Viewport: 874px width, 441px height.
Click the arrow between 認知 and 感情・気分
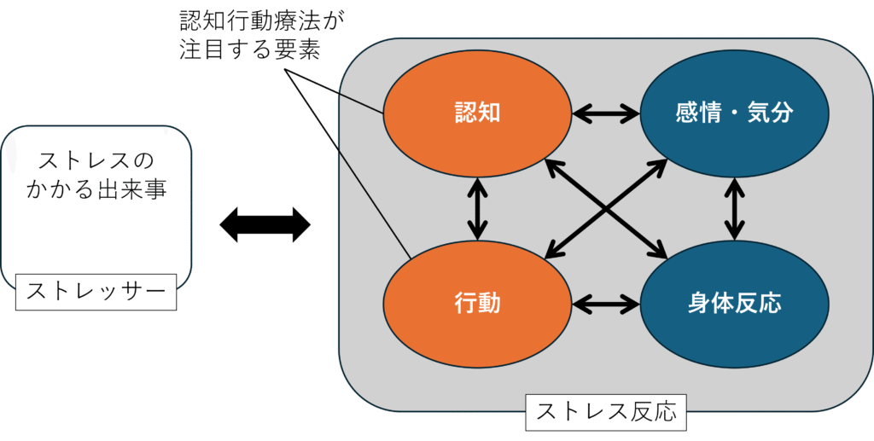pos(606,113)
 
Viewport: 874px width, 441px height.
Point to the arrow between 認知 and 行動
pos(477,207)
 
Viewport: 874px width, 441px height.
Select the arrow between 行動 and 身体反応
pos(606,303)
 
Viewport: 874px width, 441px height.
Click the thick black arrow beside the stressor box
pos(265,225)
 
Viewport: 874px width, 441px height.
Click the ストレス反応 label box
pos(606,413)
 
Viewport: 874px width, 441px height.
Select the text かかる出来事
pos(99,189)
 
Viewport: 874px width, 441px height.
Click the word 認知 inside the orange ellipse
pos(476,113)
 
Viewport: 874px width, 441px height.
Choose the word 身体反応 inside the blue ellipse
pos(734,303)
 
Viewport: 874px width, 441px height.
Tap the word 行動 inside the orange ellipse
pos(476,303)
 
